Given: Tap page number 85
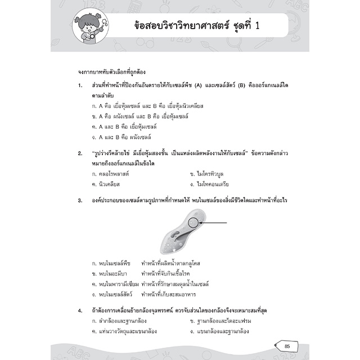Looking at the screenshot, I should (287, 330).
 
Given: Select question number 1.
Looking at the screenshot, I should (81, 85).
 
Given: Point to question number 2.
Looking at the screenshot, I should (81, 154).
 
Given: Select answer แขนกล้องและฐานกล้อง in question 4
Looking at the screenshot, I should (223, 331).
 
